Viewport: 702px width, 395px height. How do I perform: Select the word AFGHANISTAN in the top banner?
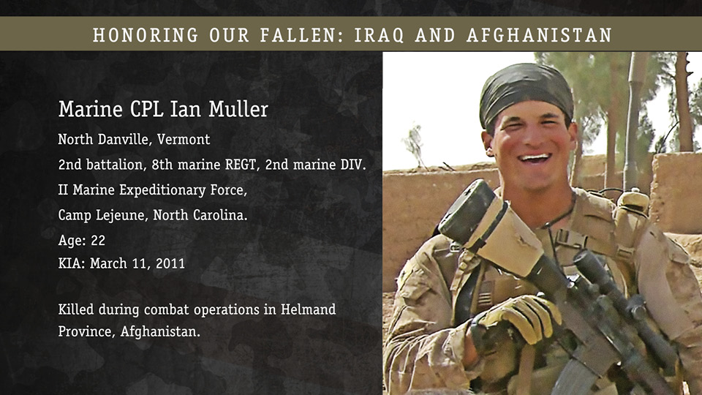539,35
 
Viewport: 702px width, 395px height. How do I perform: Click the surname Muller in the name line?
238,109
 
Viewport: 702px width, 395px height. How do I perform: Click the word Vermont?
184,139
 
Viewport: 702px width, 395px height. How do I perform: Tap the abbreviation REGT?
242,165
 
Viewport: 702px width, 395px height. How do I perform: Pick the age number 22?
98,241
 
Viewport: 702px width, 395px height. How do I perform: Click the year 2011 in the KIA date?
170,263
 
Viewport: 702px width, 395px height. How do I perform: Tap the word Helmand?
308,309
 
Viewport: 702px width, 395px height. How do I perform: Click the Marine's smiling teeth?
534,158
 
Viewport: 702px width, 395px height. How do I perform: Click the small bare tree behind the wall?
414,146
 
